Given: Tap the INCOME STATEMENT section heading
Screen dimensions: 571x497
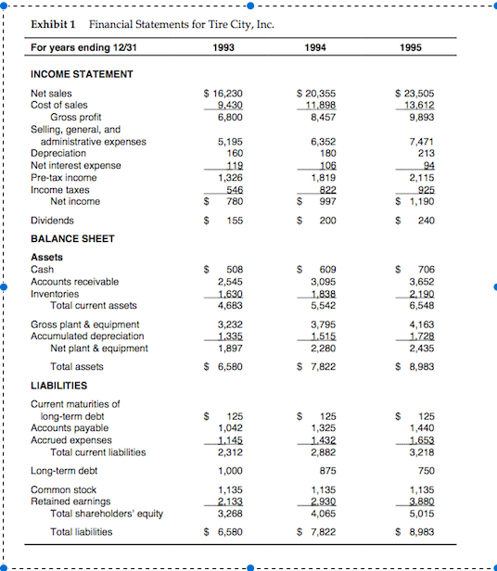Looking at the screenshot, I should point(82,73).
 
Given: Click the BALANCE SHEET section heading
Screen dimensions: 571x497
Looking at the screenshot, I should point(72,238).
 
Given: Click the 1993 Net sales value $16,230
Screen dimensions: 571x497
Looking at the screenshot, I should point(223,94).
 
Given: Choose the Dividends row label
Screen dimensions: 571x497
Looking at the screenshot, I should point(53,221).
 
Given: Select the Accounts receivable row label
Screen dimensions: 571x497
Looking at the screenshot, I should point(74,281).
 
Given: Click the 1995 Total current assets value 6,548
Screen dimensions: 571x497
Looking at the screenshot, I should point(419,304).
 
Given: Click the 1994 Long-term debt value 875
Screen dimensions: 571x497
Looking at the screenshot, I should point(325,470).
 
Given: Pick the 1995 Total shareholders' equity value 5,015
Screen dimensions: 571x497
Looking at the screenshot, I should point(419,511).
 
